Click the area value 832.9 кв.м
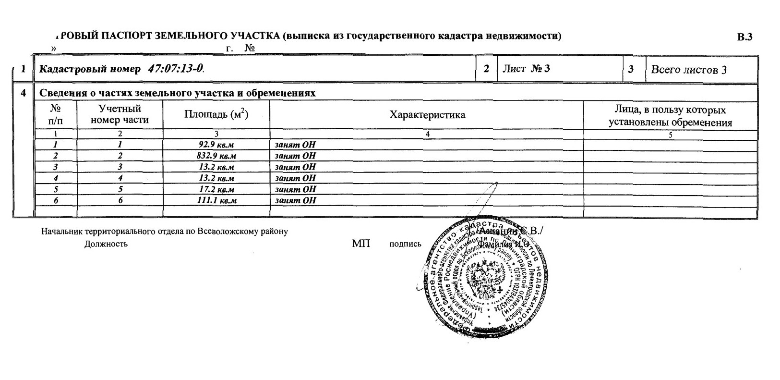(x=216, y=156)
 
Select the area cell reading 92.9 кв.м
(x=216, y=145)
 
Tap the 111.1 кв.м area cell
(x=216, y=200)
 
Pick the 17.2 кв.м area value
(x=216, y=189)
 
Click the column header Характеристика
(x=427, y=115)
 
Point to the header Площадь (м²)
(x=216, y=115)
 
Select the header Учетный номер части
(x=120, y=115)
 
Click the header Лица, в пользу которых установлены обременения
(x=670, y=116)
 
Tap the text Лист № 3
(x=526, y=69)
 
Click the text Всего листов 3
(x=688, y=70)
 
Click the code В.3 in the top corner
(x=744, y=37)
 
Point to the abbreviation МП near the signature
(x=361, y=244)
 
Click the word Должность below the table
(x=106, y=244)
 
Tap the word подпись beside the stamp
(x=405, y=244)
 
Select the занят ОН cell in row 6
(x=295, y=200)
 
